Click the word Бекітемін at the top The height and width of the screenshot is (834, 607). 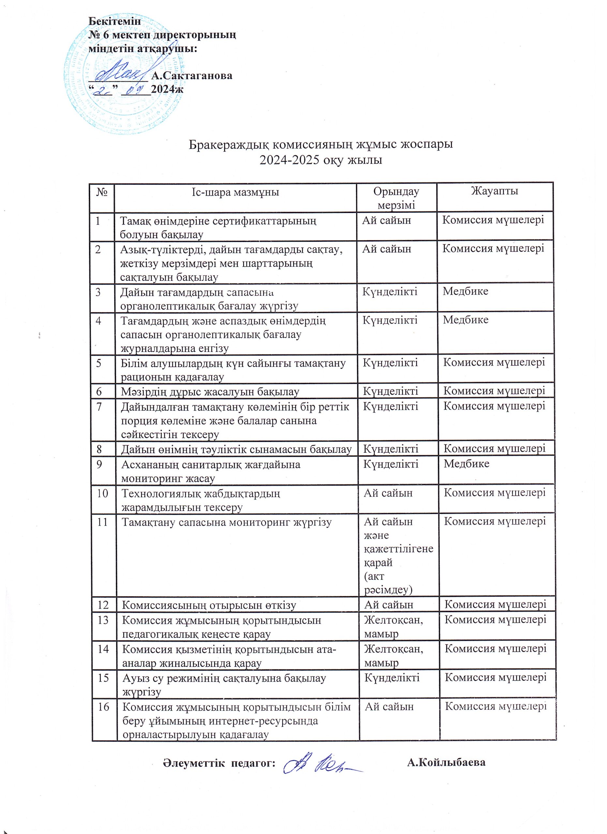point(115,21)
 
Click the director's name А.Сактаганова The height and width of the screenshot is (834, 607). point(192,76)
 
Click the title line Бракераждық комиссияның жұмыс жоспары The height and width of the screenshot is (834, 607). point(321,144)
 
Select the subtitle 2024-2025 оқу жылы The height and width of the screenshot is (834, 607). point(321,160)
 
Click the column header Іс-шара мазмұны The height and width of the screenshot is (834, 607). point(235,192)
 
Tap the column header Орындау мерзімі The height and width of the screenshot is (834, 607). point(396,198)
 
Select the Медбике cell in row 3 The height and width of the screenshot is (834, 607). point(466,291)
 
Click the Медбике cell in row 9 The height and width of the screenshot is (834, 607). point(466,464)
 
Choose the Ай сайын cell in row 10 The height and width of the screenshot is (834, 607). point(388,493)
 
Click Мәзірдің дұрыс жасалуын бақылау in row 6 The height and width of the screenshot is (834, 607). point(210,392)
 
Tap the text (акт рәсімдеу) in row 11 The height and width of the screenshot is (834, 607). point(388,583)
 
